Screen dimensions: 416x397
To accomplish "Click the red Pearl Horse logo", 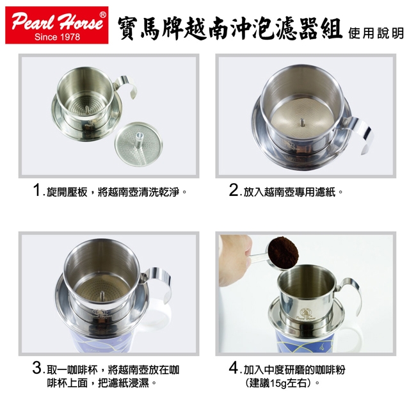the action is click(57, 25).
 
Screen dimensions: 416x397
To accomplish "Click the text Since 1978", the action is click(57, 36).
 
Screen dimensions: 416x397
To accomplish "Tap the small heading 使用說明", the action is click(376, 33).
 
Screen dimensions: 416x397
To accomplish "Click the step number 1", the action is click(37, 190).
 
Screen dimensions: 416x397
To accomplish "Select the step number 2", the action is click(234, 190).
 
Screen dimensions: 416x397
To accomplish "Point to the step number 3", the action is click(37, 368).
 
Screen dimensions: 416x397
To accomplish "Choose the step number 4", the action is click(234, 368).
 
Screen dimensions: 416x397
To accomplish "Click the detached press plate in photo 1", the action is click(138, 144).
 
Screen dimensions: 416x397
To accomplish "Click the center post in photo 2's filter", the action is click(302, 122).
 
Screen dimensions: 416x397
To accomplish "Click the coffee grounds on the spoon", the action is click(284, 252).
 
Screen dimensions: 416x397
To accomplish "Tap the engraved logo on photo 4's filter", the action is click(305, 314).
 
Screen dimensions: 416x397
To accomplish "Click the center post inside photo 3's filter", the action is click(102, 296).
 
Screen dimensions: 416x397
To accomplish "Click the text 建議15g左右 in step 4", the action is click(280, 383).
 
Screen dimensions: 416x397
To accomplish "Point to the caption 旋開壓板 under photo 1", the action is click(67, 192).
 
